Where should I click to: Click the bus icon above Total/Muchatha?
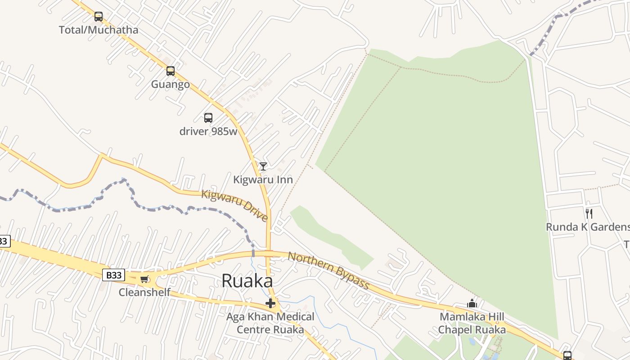99,17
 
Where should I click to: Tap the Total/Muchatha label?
99,30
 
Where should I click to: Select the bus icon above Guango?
171,71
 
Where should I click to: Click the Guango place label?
170,85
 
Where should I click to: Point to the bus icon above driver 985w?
208,118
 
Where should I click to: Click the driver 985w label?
208,131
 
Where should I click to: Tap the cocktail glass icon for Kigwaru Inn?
263,166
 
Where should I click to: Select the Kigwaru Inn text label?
263,180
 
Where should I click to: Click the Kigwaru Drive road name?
234,206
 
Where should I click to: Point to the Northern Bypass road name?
328,270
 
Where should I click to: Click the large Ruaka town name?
247,281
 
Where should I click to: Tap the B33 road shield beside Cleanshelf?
113,275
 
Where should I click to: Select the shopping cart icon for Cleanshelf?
144,279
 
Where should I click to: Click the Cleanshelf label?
144,292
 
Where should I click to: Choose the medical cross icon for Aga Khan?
270,303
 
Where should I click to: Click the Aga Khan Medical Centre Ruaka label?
270,323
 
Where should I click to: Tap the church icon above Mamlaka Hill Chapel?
472,304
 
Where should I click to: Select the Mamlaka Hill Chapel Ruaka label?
472,323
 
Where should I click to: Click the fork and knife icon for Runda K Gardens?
589,213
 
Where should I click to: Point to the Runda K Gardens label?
587,227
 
